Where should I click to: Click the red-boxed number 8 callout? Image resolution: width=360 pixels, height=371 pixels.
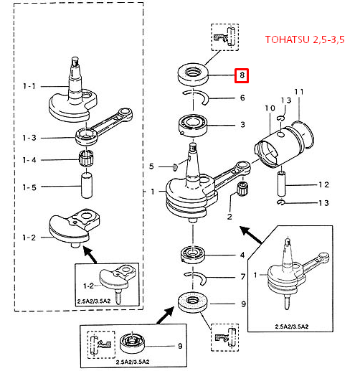point(242,75)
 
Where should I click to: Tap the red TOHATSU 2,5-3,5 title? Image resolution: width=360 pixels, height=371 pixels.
point(305,39)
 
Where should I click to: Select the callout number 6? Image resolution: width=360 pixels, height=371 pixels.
point(242,98)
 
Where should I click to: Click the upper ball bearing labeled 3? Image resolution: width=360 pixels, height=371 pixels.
point(193,126)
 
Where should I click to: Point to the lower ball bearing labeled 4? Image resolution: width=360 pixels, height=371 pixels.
point(193,255)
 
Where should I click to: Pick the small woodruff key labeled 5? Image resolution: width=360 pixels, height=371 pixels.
point(175,166)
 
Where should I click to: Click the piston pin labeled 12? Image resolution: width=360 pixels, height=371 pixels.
point(281,184)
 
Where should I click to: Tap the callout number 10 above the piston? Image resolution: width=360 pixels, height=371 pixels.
point(270,108)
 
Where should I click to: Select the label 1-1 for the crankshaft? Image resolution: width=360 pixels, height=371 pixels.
point(29,86)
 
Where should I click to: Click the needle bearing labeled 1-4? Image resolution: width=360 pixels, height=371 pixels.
point(85,158)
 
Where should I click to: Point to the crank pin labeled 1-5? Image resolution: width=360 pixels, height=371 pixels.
point(87,186)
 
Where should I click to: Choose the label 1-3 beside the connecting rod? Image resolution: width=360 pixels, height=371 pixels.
point(29,138)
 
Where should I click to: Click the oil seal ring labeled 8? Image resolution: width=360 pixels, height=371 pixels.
point(193,74)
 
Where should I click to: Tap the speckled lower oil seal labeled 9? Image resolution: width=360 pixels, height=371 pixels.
point(193,302)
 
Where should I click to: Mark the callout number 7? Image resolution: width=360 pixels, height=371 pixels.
point(243,277)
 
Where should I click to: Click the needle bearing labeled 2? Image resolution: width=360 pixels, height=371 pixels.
point(242,189)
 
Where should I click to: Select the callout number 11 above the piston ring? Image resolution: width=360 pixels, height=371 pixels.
point(299,92)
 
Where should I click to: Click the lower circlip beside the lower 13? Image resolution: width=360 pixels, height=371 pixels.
point(281,202)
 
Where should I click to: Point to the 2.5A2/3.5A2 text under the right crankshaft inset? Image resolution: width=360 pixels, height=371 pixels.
point(292,327)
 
